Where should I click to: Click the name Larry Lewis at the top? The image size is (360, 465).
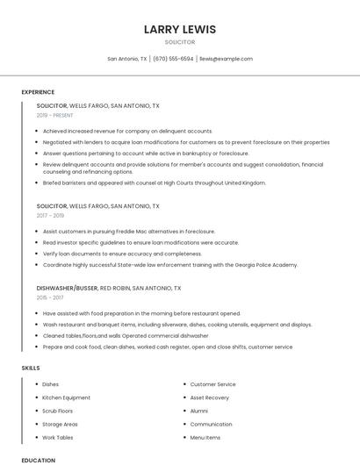click(x=179, y=30)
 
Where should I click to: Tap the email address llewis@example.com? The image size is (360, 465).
click(x=226, y=59)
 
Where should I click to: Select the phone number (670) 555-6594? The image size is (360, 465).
click(x=173, y=59)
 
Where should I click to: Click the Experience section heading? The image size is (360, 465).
click(x=38, y=92)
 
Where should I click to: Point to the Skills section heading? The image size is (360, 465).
click(x=31, y=368)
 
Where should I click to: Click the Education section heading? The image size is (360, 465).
click(x=38, y=460)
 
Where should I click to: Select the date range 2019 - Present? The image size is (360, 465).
click(x=54, y=115)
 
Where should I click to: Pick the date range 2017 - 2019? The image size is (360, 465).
click(x=50, y=215)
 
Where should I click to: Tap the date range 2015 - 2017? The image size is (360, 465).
click(x=50, y=297)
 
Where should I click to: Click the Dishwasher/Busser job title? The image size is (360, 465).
click(x=67, y=288)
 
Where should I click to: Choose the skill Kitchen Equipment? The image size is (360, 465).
click(x=66, y=397)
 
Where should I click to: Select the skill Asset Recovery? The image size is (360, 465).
click(x=210, y=397)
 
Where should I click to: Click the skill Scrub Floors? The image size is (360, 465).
click(x=58, y=411)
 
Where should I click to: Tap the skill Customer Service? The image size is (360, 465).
click(x=212, y=384)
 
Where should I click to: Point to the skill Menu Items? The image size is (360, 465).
click(x=205, y=437)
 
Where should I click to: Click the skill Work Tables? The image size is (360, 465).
click(x=58, y=437)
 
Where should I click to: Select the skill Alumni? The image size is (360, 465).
click(x=199, y=411)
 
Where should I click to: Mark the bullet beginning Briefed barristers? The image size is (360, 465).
click(x=154, y=182)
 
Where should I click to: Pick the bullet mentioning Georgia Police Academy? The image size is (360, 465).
click(x=170, y=264)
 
